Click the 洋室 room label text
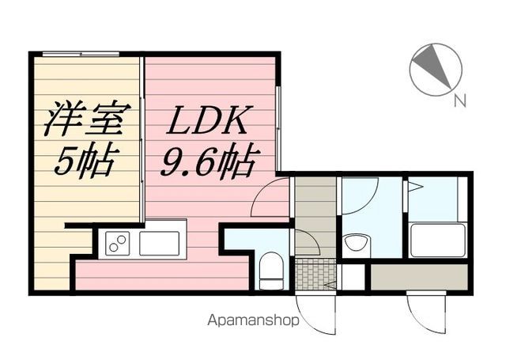pos(87,119)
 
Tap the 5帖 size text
pos(85,161)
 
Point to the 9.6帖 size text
pos(206,161)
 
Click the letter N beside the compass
pos(460,100)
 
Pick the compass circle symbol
pos(436,70)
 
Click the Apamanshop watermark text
pos(253,320)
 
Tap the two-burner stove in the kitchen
pos(118,244)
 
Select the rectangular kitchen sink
pos(159,244)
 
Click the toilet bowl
pos(271,271)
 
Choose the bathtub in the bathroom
pos(437,239)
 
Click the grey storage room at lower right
pos(419,277)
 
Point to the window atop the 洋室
pos(81,54)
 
